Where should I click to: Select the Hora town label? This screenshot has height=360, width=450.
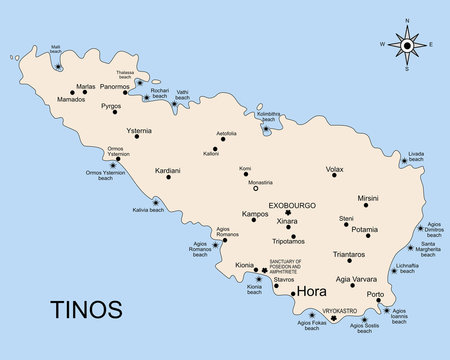(314, 292)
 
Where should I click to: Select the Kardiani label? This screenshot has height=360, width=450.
(168, 170)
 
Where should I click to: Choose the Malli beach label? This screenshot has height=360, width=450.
(55, 47)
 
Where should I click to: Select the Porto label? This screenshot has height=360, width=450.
(375, 294)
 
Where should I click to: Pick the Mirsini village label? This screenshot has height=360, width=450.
(368, 198)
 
